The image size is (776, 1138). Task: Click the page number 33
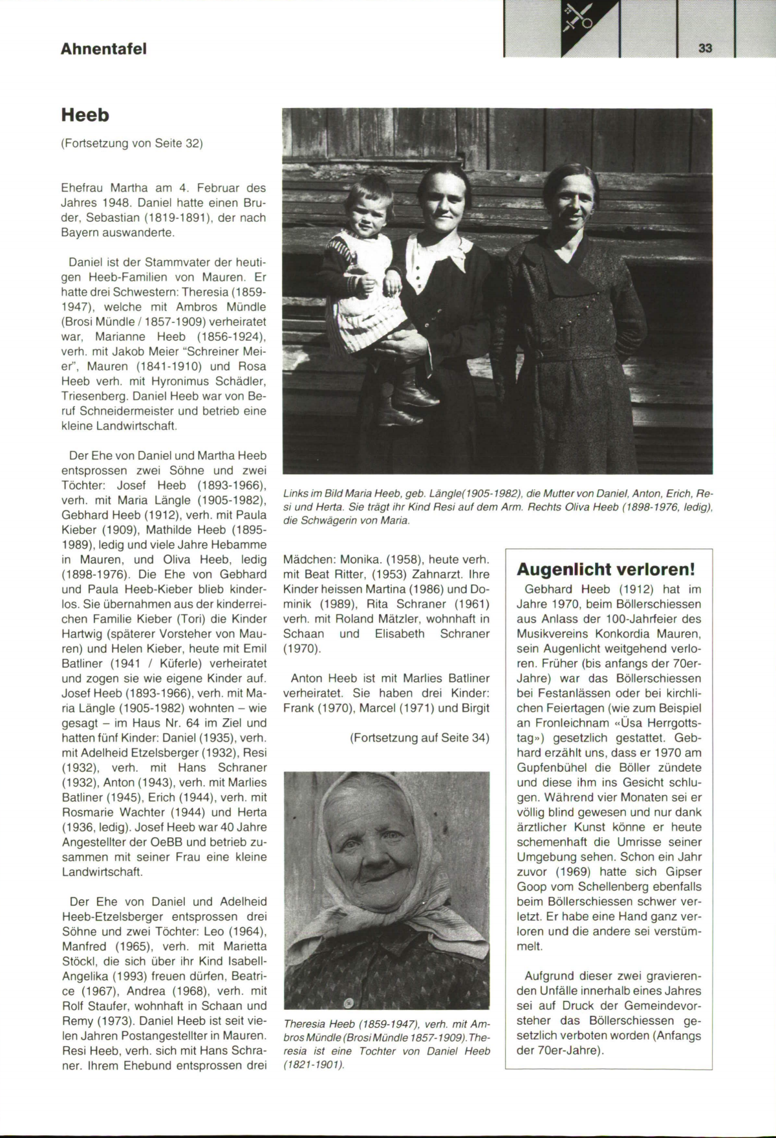point(705,49)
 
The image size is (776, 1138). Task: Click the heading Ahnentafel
point(103,49)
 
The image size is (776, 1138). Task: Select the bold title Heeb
point(85,116)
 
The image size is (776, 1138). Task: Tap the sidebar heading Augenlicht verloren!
point(607,569)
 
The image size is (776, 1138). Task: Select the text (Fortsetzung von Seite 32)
point(132,144)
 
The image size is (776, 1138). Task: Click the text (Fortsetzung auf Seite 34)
point(419,738)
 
